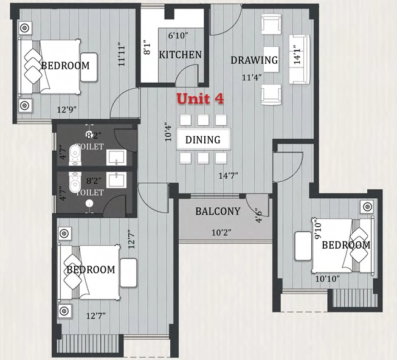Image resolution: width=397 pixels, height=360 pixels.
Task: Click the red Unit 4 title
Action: [x=200, y=99]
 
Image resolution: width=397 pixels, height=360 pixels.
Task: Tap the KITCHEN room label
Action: [x=181, y=55]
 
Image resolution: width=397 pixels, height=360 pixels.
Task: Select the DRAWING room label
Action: [x=254, y=60]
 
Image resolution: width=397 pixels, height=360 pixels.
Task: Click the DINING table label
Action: [x=203, y=140]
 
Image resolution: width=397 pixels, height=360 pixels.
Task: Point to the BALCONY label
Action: [x=218, y=211]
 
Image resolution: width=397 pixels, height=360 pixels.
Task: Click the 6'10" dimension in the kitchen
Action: [x=178, y=36]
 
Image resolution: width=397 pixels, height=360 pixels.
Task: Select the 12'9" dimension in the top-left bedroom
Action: [x=67, y=110]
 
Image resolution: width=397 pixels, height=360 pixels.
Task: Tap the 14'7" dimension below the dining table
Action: [x=229, y=176]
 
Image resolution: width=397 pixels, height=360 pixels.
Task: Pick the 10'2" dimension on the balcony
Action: [x=222, y=232]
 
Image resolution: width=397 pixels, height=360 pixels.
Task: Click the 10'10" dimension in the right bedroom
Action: [x=327, y=279]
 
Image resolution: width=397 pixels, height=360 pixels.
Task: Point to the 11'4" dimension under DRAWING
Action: [x=252, y=77]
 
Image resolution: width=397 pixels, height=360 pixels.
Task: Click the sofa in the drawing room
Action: [x=300, y=59]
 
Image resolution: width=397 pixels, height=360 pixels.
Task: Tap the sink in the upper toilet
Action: [x=117, y=157]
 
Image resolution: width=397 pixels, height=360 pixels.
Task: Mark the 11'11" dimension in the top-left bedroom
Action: [x=122, y=56]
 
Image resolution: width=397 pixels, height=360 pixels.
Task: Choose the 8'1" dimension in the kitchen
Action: [x=147, y=47]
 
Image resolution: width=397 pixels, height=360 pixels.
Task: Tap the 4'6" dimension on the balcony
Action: [x=258, y=215]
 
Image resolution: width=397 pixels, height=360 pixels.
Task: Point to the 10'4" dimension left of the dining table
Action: [x=168, y=132]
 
